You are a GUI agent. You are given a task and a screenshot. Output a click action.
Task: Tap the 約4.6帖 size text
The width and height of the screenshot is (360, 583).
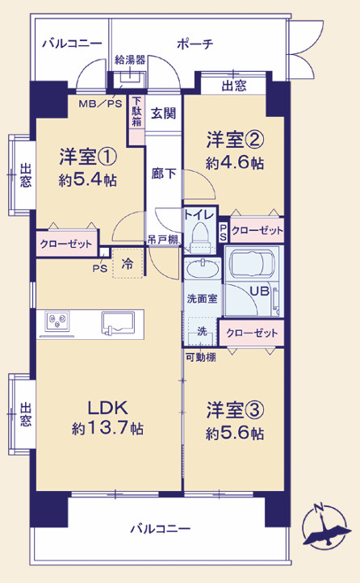click(x=234, y=162)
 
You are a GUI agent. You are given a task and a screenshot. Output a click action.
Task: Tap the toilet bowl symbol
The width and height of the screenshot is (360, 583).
click(x=198, y=234)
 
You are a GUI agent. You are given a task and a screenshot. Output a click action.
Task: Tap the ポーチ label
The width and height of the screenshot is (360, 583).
click(x=195, y=44)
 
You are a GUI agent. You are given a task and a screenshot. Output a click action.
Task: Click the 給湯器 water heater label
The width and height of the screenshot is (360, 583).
click(x=130, y=59)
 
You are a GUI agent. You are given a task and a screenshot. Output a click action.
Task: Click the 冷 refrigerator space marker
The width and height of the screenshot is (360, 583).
click(x=128, y=262)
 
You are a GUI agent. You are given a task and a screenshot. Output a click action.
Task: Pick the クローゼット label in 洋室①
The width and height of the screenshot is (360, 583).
click(x=66, y=242)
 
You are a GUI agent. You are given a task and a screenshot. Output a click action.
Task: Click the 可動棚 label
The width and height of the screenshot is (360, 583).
click(x=200, y=358)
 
